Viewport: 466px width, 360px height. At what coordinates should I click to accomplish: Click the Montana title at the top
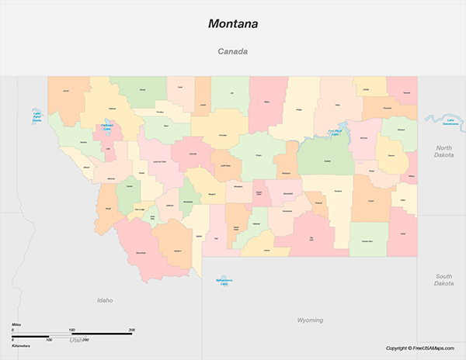point(232,24)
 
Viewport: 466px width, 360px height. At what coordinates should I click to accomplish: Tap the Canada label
point(232,52)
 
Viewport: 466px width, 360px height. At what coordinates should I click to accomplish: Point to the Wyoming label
point(311,320)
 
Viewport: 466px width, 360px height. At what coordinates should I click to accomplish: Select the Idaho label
point(105,299)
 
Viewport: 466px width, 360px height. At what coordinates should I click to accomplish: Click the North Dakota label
point(443,151)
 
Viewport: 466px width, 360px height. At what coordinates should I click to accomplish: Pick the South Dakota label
point(443,279)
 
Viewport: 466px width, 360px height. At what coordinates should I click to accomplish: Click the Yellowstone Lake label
point(224,281)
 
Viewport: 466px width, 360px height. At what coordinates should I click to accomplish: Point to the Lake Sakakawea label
point(449,121)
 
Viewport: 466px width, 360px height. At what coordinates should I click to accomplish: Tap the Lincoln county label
point(66,92)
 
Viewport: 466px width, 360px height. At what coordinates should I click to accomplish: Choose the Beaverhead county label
point(141,253)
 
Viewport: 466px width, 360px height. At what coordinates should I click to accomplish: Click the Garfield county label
point(328,161)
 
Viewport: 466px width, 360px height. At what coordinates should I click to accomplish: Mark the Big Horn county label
point(312,238)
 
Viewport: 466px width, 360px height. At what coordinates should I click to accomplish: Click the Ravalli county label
point(108,209)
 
